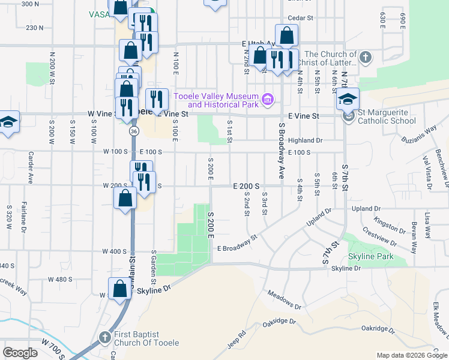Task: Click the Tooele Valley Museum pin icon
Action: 268,98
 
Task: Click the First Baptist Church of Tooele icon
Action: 105,338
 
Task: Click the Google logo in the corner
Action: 20,353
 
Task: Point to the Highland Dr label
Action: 305,140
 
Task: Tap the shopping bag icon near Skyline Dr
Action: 121,286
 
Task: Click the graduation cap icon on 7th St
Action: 348,99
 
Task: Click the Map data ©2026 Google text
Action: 411,355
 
